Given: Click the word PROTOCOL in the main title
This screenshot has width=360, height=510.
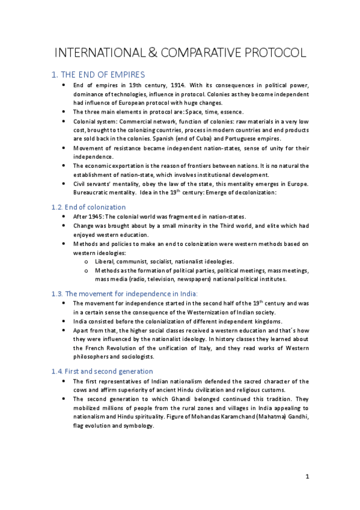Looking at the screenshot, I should [265, 52].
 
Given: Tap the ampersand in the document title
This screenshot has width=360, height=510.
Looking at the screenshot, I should [150, 52].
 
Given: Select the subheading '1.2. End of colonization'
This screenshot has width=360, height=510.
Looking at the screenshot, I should [88, 207].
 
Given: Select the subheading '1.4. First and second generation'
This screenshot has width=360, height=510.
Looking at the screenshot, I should [102, 371].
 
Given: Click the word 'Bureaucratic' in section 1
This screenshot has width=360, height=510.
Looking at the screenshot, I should [93, 192].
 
